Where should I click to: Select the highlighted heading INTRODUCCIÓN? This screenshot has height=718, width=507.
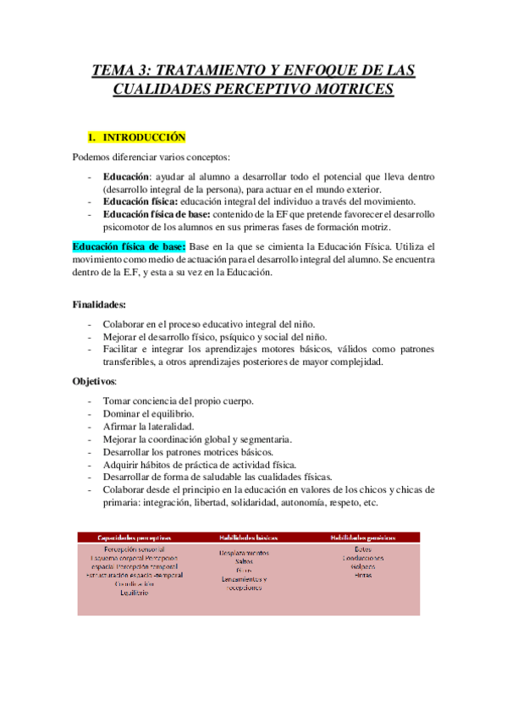point(143,137)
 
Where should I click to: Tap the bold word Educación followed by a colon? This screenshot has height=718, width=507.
point(126,176)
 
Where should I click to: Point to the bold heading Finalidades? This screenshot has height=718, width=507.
point(99,304)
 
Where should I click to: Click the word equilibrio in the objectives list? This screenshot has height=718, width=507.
point(173,414)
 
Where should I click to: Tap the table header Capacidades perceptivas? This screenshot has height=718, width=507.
point(135,537)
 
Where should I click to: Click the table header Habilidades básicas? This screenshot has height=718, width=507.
point(251,537)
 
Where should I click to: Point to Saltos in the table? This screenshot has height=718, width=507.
point(251,561)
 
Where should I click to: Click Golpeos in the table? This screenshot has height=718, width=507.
point(362,566)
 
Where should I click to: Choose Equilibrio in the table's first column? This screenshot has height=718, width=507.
point(135,593)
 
